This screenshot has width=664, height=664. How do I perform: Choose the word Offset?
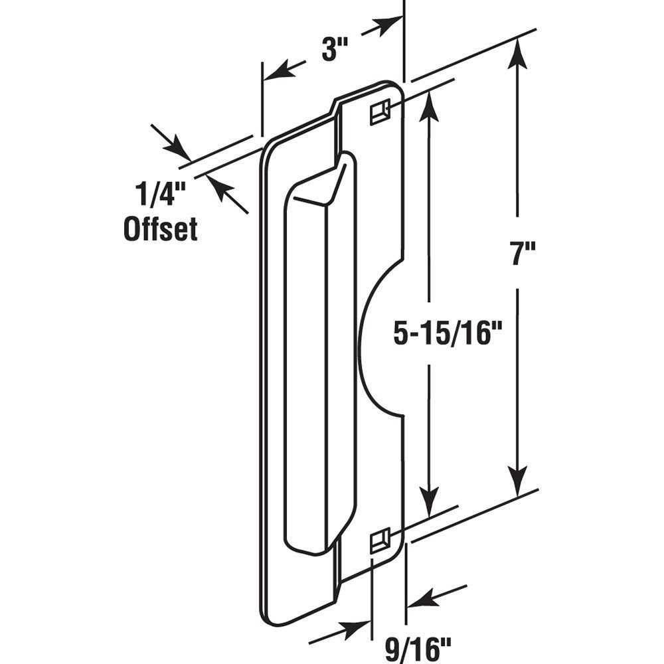tap(161, 229)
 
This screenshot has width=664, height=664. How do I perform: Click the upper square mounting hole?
tap(378, 111)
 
